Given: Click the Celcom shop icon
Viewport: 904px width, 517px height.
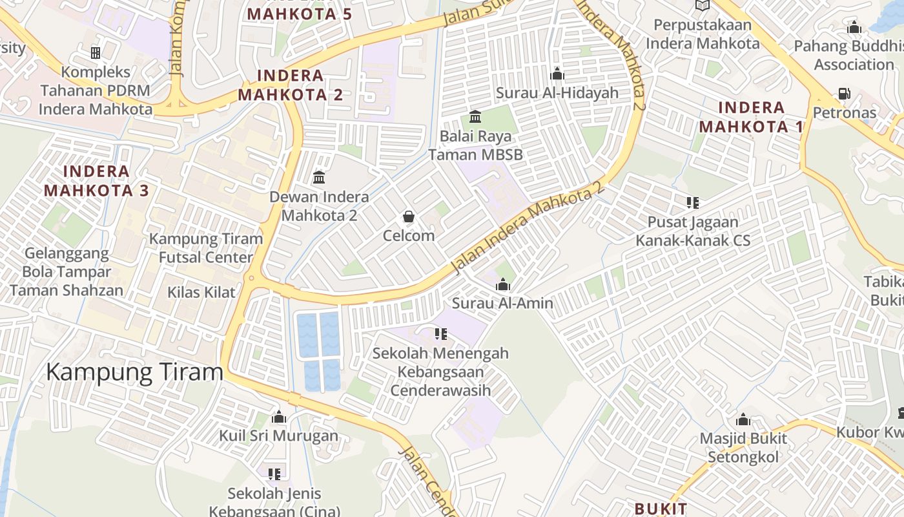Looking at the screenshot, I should [408, 216].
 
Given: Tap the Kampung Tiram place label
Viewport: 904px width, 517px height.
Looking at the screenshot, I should [134, 372].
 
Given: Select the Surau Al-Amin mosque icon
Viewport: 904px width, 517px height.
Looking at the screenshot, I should [502, 284].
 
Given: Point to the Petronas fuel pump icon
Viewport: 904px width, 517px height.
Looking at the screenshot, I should [844, 94].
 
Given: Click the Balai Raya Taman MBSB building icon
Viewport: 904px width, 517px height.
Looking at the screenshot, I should [475, 117].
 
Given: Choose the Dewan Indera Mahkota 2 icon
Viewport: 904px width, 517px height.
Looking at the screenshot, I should [319, 177].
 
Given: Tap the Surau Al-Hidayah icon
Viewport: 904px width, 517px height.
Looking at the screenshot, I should [557, 74].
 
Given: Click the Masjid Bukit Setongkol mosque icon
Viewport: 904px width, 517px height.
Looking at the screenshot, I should [743, 420].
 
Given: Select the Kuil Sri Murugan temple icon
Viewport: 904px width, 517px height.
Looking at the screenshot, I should [279, 417].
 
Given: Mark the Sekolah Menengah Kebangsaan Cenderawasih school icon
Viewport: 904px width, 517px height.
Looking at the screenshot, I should [440, 334].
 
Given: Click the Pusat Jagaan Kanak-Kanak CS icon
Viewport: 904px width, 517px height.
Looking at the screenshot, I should [693, 203].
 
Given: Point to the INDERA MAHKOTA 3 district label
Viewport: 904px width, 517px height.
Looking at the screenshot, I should [96, 181].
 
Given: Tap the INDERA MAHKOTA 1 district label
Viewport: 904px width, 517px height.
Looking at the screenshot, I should [751, 117].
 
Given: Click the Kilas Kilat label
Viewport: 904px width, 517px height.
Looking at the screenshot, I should [201, 292].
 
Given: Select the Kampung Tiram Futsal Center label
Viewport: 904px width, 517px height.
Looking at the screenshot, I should [206, 248].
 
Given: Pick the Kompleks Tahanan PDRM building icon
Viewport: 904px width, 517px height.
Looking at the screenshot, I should [96, 52].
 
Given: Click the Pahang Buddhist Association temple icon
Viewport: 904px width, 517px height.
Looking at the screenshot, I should [854, 28].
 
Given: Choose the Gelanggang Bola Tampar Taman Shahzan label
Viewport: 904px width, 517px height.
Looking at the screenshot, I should [67, 271].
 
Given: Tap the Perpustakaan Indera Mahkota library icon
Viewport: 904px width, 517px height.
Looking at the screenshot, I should [702, 6].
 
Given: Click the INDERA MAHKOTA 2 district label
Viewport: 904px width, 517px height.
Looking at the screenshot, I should [291, 85].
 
